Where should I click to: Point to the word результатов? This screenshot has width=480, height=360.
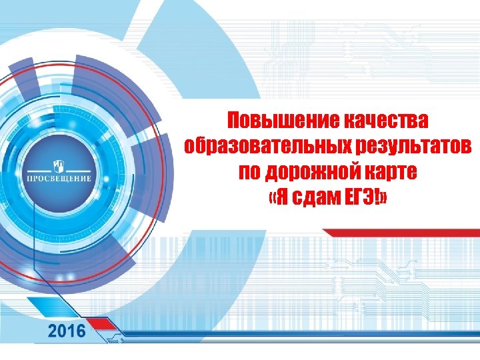point(408,145)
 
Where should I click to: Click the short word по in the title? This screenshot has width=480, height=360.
point(251,171)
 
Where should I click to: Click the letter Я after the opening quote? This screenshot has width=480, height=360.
point(285,195)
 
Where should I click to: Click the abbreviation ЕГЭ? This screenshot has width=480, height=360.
point(361,195)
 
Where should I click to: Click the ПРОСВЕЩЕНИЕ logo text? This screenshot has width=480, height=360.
point(58,179)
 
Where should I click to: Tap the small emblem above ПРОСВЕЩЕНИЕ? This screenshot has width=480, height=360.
point(58,165)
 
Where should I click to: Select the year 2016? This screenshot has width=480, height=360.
point(67,331)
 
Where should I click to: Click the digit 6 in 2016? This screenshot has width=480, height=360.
point(80,331)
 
